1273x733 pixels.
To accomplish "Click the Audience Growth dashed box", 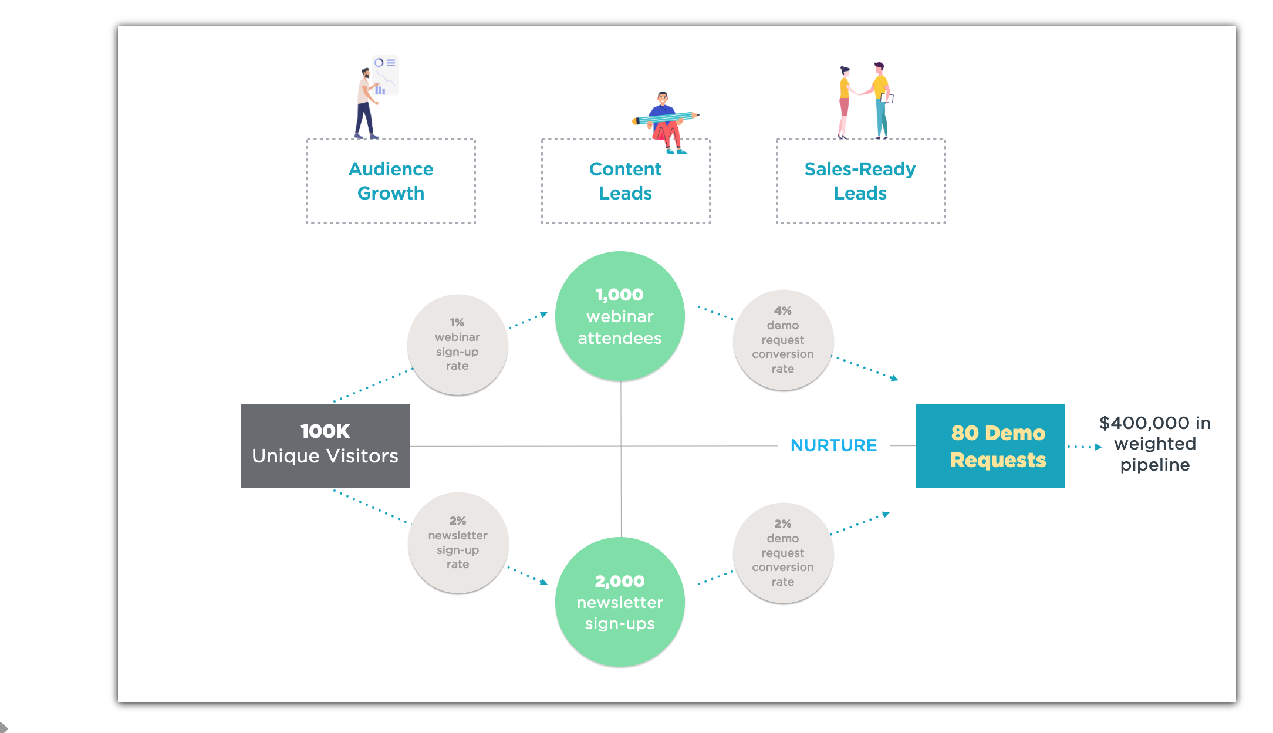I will click(391, 181).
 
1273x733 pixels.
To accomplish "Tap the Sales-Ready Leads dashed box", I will click(860, 181).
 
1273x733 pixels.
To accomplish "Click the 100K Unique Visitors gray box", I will click(325, 445).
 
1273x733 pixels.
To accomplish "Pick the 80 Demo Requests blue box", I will click(990, 445).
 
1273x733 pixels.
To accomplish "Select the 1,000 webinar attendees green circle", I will click(620, 316).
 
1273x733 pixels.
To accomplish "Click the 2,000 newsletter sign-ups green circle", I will click(620, 602).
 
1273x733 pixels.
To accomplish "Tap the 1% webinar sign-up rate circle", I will click(457, 344).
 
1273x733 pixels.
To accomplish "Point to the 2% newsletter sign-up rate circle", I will click(458, 543).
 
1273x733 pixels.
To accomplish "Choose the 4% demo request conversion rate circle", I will click(783, 340).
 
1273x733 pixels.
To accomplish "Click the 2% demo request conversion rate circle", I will click(783, 553).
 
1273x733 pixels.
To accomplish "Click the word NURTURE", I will click(833, 445).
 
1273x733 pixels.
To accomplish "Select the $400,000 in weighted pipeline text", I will click(1154, 444).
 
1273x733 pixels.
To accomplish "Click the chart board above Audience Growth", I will click(386, 75).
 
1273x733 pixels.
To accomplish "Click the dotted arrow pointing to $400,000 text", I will click(1085, 447).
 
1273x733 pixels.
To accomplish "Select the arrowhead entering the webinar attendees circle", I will click(543, 315).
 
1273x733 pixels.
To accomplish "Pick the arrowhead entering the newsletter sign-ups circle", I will click(543, 582).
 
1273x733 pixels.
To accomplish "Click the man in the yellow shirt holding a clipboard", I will click(880, 100).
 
